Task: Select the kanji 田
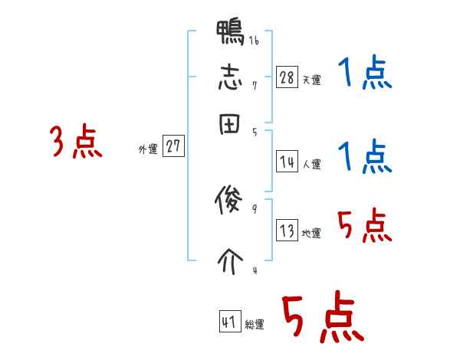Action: [230, 123]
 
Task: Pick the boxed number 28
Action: [287, 77]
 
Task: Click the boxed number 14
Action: [287, 162]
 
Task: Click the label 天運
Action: [311, 80]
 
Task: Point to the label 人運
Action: [311, 164]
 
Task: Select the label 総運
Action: [255, 324]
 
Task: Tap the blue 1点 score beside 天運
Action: [364, 74]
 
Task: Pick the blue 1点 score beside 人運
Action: [364, 157]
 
